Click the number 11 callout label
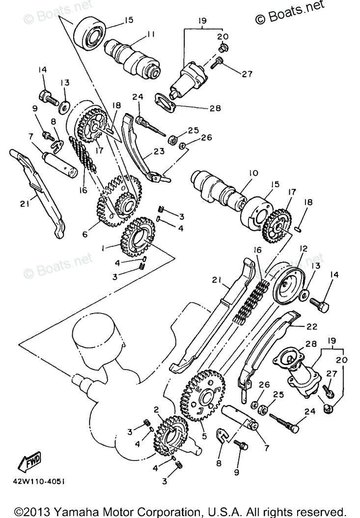click(150, 35)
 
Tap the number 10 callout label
click(253, 173)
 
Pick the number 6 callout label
click(84, 235)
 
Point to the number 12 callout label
click(303, 249)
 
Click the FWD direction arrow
click(29, 461)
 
